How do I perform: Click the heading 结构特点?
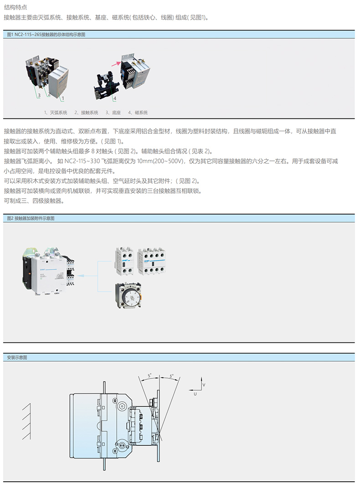click(x=15, y=7)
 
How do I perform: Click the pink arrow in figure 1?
click(x=116, y=63)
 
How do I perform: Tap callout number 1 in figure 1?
click(x=63, y=98)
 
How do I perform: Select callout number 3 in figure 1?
click(x=39, y=95)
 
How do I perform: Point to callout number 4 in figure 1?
click(x=115, y=98)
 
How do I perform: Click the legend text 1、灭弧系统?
click(x=56, y=112)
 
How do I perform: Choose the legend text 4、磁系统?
click(x=138, y=112)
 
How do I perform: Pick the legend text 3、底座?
click(x=113, y=112)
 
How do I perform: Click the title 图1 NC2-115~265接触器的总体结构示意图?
click(x=46, y=34)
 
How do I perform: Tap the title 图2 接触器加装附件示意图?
click(x=31, y=219)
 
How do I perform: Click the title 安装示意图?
click(x=17, y=357)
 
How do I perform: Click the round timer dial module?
click(x=129, y=295)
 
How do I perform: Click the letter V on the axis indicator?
click(x=204, y=385)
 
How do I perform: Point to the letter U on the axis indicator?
click(x=195, y=394)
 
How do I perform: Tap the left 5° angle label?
click(x=149, y=376)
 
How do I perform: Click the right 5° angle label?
click(x=171, y=376)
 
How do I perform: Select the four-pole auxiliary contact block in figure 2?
click(x=151, y=261)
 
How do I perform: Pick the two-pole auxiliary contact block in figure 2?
click(x=124, y=261)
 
